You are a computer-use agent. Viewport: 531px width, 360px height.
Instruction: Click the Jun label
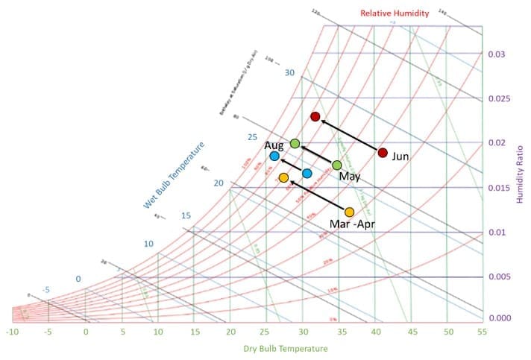[x=400, y=157]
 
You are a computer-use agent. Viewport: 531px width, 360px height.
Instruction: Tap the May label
[x=349, y=177]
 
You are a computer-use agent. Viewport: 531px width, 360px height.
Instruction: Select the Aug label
[x=274, y=145]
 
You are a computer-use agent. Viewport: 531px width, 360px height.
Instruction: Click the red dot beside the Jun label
[x=383, y=153]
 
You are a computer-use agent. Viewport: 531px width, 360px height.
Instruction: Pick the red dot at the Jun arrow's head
[x=315, y=116]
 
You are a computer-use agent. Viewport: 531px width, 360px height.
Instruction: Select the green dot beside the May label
[x=337, y=165]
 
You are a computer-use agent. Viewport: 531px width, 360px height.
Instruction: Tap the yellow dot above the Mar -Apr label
[x=349, y=212]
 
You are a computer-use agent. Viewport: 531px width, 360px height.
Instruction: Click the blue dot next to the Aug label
[x=274, y=156]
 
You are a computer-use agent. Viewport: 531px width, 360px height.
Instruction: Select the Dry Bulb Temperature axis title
[x=285, y=349]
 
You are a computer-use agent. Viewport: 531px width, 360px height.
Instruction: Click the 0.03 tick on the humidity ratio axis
[x=496, y=54]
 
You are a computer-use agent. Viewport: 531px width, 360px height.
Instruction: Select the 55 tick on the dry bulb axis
[x=483, y=331]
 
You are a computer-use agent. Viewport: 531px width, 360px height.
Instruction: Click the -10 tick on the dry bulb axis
[x=12, y=331]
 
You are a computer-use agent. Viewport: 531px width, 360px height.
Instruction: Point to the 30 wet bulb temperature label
[x=290, y=72]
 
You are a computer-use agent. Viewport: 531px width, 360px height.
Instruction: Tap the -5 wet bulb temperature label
[x=46, y=289]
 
